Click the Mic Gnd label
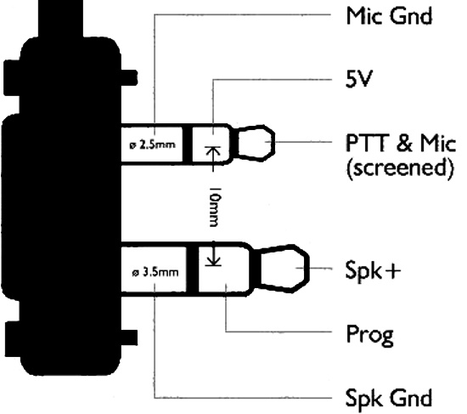pyautogui.click(x=389, y=16)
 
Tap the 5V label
pyautogui.click(x=359, y=79)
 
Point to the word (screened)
pyautogui.click(x=400, y=168)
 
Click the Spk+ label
pyautogui.click(x=373, y=270)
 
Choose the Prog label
pyautogui.click(x=369, y=335)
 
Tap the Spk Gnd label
pyautogui.click(x=389, y=398)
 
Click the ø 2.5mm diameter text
pyautogui.click(x=153, y=145)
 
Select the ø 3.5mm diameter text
pyautogui.click(x=155, y=272)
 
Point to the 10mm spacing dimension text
pyautogui.click(x=215, y=207)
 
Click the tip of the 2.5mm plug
pyautogui.click(x=274, y=143)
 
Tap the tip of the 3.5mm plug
pyautogui.click(x=308, y=269)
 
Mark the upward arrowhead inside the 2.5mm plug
pyautogui.click(x=212, y=150)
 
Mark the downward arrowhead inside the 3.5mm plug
pyautogui.click(x=212, y=261)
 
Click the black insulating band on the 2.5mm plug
pyautogui.click(x=187, y=145)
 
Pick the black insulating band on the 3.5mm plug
pyautogui.click(x=193, y=269)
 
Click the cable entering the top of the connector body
pyautogui.click(x=61, y=19)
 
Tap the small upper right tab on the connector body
pyautogui.click(x=130, y=78)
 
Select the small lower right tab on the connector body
pyautogui.click(x=130, y=337)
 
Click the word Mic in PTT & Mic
pyautogui.click(x=438, y=143)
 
